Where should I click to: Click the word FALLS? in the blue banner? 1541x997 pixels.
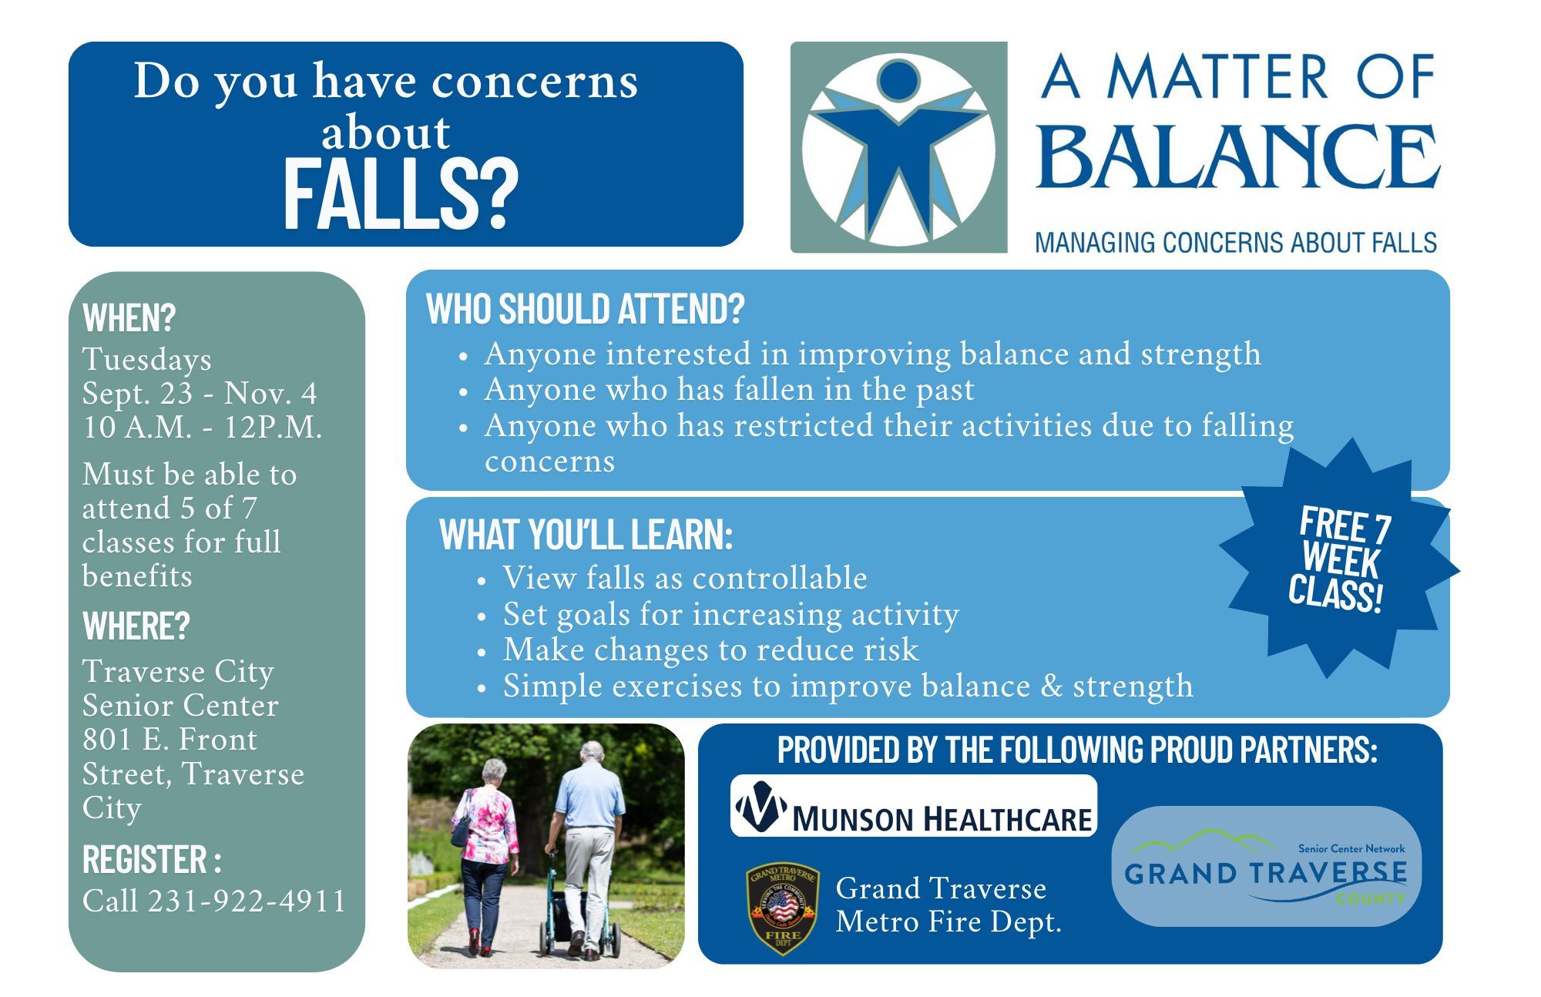pyautogui.click(x=400, y=196)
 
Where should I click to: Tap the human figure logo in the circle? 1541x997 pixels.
pyautogui.click(x=898, y=146)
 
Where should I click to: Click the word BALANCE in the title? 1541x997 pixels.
pyautogui.click(x=1237, y=158)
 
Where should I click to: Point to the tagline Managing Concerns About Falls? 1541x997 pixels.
pyautogui.click(x=1235, y=243)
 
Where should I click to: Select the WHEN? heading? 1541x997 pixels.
pyautogui.click(x=129, y=317)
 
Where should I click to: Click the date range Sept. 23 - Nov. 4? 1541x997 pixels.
pyautogui.click(x=200, y=393)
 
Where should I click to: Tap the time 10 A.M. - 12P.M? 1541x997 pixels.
pyautogui.click(x=202, y=427)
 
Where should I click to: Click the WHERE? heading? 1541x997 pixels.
pyautogui.click(x=136, y=626)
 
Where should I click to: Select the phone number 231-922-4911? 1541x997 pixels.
pyautogui.click(x=247, y=901)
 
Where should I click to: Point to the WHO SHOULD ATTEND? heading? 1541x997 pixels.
pyautogui.click(x=585, y=309)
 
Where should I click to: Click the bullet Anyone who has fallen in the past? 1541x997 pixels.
pyautogui.click(x=728, y=390)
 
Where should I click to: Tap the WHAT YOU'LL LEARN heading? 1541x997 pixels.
pyautogui.click(x=586, y=534)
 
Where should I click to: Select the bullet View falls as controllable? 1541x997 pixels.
pyautogui.click(x=684, y=578)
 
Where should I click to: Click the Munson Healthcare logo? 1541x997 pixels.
pyautogui.click(x=913, y=807)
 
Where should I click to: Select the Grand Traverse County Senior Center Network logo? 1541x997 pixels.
pyautogui.click(x=1265, y=867)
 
